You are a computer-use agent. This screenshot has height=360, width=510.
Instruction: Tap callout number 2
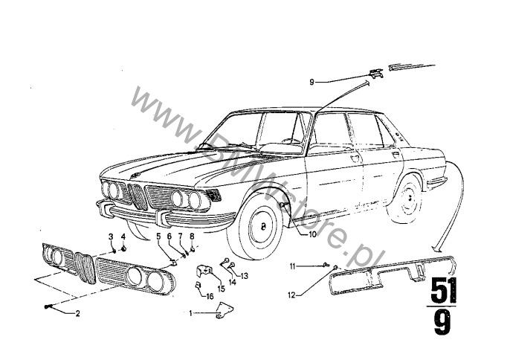click(x=77, y=314)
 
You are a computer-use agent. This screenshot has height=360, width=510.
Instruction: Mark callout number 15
click(x=220, y=288)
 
